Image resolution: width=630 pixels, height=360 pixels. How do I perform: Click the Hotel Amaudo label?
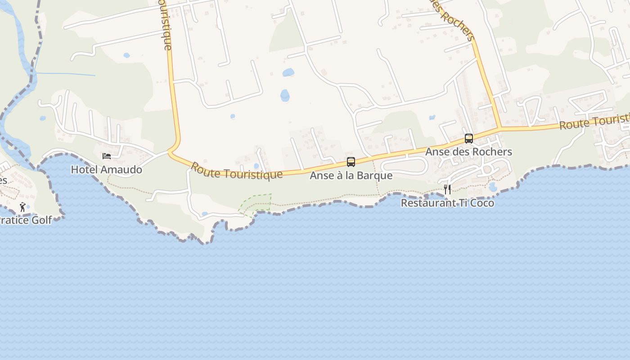107,170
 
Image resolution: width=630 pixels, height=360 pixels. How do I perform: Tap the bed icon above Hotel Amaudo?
107,156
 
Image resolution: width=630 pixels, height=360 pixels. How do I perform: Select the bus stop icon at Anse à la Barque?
351,162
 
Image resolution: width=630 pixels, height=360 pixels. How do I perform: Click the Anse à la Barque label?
351,175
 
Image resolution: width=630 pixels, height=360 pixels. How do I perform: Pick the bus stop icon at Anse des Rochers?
469,139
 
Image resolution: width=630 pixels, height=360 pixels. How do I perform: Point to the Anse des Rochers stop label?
469,152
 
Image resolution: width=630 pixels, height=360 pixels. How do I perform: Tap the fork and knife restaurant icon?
447,189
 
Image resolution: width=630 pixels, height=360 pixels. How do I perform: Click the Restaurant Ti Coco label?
447,203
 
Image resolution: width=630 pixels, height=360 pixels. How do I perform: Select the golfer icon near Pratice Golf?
22,207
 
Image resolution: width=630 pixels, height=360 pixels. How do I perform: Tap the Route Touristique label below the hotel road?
237,171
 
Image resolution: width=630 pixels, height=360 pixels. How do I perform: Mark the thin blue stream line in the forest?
65,74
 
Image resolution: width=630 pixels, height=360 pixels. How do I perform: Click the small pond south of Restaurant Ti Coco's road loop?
493,187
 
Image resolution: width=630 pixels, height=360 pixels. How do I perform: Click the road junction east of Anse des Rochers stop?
500,129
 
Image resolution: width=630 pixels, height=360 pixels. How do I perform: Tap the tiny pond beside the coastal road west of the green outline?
205,214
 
